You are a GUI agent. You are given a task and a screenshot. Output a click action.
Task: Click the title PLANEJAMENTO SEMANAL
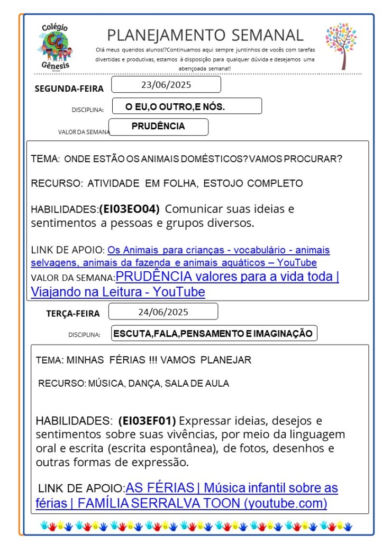tap(205, 35)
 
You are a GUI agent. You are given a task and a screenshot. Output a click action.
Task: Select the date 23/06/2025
tap(166, 85)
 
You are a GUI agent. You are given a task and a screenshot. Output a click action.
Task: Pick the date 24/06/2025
tap(163, 312)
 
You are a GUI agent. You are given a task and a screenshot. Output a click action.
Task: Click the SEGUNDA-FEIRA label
tap(69, 88)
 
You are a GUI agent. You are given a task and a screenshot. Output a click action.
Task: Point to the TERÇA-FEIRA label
tap(73, 314)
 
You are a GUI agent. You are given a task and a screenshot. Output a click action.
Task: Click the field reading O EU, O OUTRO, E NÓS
tap(175, 107)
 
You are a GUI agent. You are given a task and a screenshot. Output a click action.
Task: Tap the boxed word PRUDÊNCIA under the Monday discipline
tap(158, 127)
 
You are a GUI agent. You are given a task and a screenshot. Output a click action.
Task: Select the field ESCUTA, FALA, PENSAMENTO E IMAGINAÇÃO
tap(214, 333)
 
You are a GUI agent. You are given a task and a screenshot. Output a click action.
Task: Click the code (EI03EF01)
tap(147, 421)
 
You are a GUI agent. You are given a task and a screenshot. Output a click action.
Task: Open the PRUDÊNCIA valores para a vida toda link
tap(227, 277)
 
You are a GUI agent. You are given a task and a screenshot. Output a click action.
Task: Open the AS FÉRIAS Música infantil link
tap(232, 487)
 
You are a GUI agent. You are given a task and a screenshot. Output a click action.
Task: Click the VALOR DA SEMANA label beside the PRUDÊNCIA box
tap(84, 132)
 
